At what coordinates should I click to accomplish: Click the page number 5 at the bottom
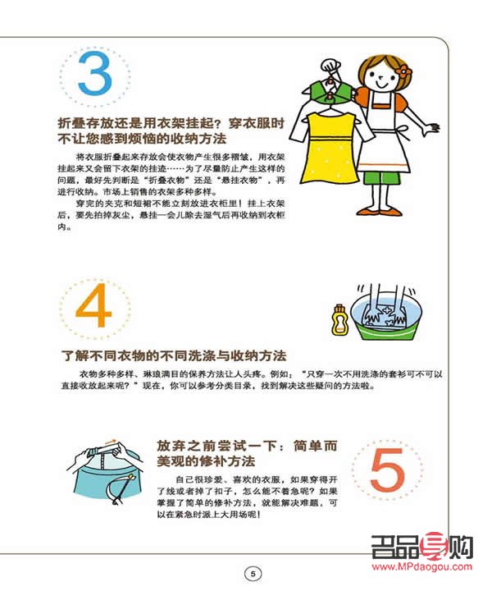click(253, 573)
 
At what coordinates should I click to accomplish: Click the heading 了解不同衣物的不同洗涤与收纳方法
click(175, 357)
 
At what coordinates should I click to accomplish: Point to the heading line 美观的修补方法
click(206, 461)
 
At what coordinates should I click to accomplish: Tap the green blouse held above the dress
click(330, 89)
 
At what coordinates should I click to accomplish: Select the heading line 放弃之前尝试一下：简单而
click(247, 446)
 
